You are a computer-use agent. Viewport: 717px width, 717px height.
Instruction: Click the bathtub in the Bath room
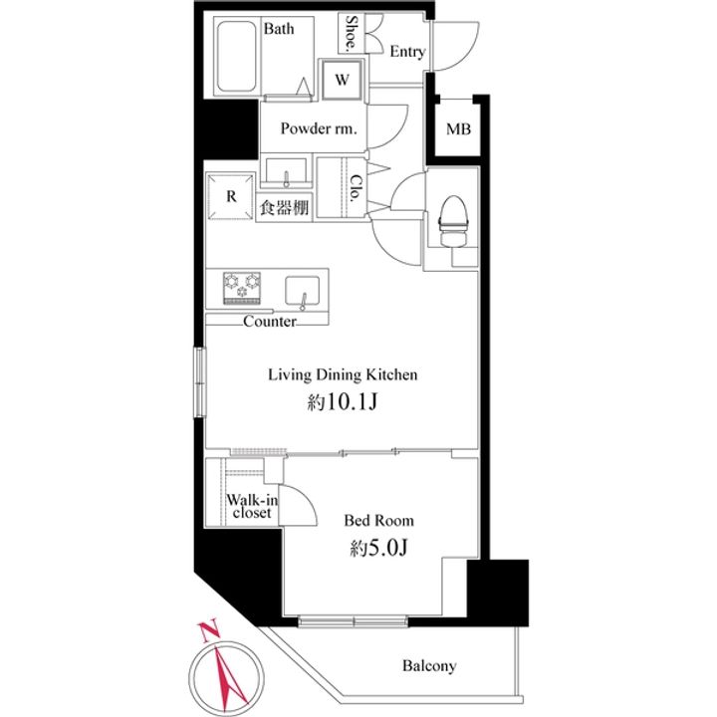click(x=236, y=56)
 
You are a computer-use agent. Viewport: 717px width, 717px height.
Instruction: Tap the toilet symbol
click(x=453, y=221)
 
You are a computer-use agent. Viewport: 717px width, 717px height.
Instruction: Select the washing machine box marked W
click(x=342, y=80)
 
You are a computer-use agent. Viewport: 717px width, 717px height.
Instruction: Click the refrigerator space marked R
click(x=230, y=196)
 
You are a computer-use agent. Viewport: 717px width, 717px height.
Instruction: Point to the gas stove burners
click(x=242, y=288)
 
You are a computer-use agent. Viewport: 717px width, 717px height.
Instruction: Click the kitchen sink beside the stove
click(x=303, y=291)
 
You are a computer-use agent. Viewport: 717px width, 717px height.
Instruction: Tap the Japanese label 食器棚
click(x=284, y=208)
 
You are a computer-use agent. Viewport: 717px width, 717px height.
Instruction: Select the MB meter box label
click(x=458, y=129)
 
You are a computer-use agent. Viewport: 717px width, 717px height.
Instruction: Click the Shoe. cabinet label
click(x=351, y=33)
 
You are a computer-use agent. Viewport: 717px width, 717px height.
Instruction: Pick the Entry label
click(x=407, y=52)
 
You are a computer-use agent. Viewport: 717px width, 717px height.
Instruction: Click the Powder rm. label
click(x=319, y=128)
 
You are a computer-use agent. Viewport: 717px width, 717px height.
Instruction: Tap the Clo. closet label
click(x=355, y=189)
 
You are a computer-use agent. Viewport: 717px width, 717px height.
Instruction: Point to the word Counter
click(x=270, y=322)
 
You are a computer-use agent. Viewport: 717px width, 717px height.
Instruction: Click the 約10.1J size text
click(x=343, y=402)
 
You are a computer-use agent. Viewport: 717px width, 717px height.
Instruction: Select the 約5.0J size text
click(x=378, y=548)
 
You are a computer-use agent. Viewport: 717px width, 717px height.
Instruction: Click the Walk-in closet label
click(x=252, y=506)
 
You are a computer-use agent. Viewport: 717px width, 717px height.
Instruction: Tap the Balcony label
click(x=429, y=666)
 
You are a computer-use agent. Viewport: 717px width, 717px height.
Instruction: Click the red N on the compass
click(x=209, y=631)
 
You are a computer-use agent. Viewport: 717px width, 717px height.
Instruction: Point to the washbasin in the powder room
click(x=286, y=172)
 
